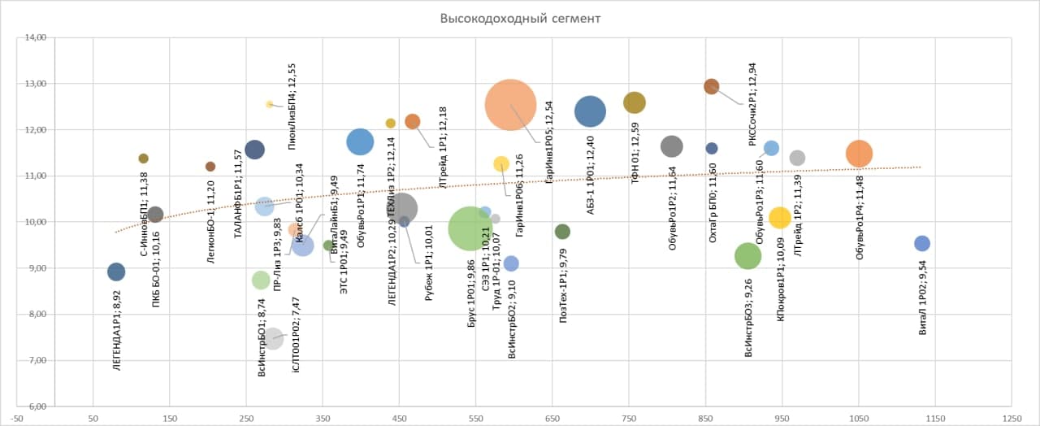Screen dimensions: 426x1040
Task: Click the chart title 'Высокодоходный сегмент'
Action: pos(520,18)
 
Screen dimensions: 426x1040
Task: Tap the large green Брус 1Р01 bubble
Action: pos(470,228)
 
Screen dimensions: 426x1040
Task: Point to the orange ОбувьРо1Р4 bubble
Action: pos(859,154)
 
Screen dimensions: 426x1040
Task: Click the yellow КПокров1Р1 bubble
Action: pos(780,217)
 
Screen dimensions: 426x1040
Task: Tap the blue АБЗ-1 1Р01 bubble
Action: pos(590,111)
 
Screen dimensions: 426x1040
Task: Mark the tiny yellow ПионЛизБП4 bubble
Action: pos(270,104)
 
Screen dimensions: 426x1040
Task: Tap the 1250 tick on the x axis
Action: pos(1012,418)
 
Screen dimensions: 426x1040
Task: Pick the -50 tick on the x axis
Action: pos(18,418)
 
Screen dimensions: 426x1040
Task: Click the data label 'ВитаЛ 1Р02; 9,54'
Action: pos(922,306)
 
